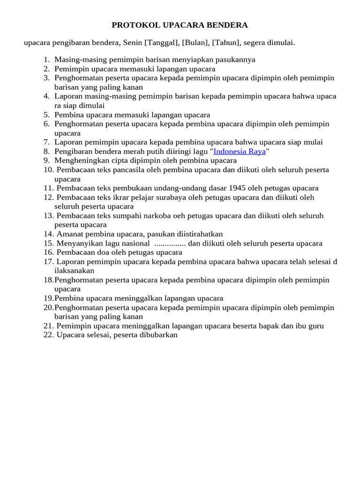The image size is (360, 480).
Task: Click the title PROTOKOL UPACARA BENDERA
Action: coord(180,25)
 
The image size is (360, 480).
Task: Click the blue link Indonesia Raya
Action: coord(240,151)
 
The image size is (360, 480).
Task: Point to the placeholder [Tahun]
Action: coord(227,43)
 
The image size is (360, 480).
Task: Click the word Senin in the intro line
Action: coord(133,43)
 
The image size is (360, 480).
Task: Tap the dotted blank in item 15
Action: coord(170,243)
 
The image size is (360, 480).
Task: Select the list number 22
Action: coord(48,335)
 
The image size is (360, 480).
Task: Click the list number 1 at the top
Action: coord(46,60)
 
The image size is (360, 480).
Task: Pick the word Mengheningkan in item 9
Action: coord(78,160)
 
